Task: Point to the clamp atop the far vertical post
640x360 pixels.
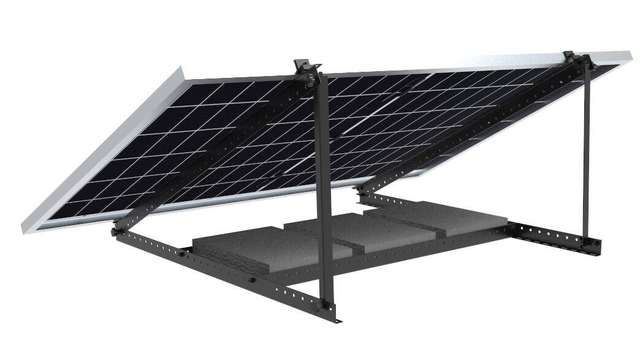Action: click(x=576, y=59)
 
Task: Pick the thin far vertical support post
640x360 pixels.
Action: click(x=586, y=153)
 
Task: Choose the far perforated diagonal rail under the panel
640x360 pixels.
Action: click(x=478, y=126)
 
